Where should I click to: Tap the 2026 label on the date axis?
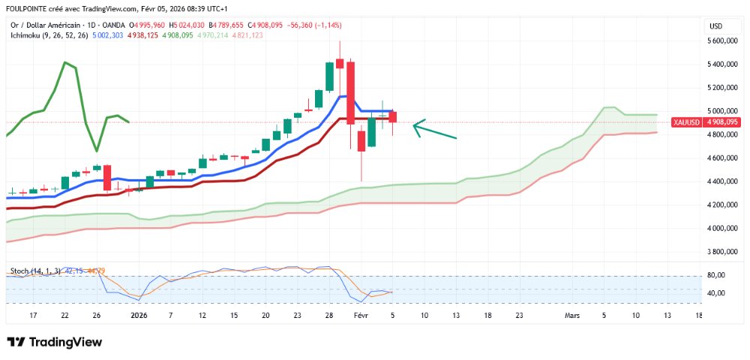coord(139,316)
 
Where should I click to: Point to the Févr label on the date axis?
coord(361,316)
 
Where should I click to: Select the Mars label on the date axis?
coord(572,316)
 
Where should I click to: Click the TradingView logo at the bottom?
coord(54,342)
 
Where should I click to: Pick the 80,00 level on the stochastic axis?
coord(716,276)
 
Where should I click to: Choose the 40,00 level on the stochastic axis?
coord(716,293)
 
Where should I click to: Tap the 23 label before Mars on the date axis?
coord(519,316)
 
